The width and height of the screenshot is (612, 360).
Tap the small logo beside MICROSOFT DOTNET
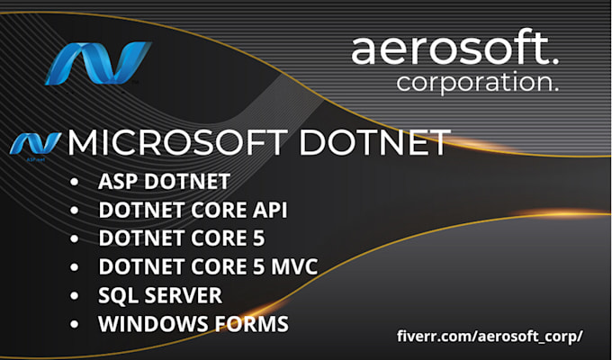(x=36, y=143)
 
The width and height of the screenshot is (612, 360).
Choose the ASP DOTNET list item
(x=163, y=182)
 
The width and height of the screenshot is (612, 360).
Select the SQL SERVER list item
(x=160, y=295)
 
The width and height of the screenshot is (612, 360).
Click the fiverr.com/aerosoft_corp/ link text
(x=490, y=336)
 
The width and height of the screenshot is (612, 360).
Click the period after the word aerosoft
(x=553, y=60)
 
